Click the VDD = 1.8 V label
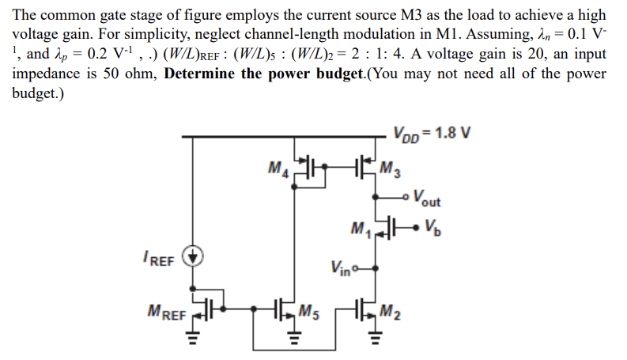point(432,131)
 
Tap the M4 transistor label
point(278,168)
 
